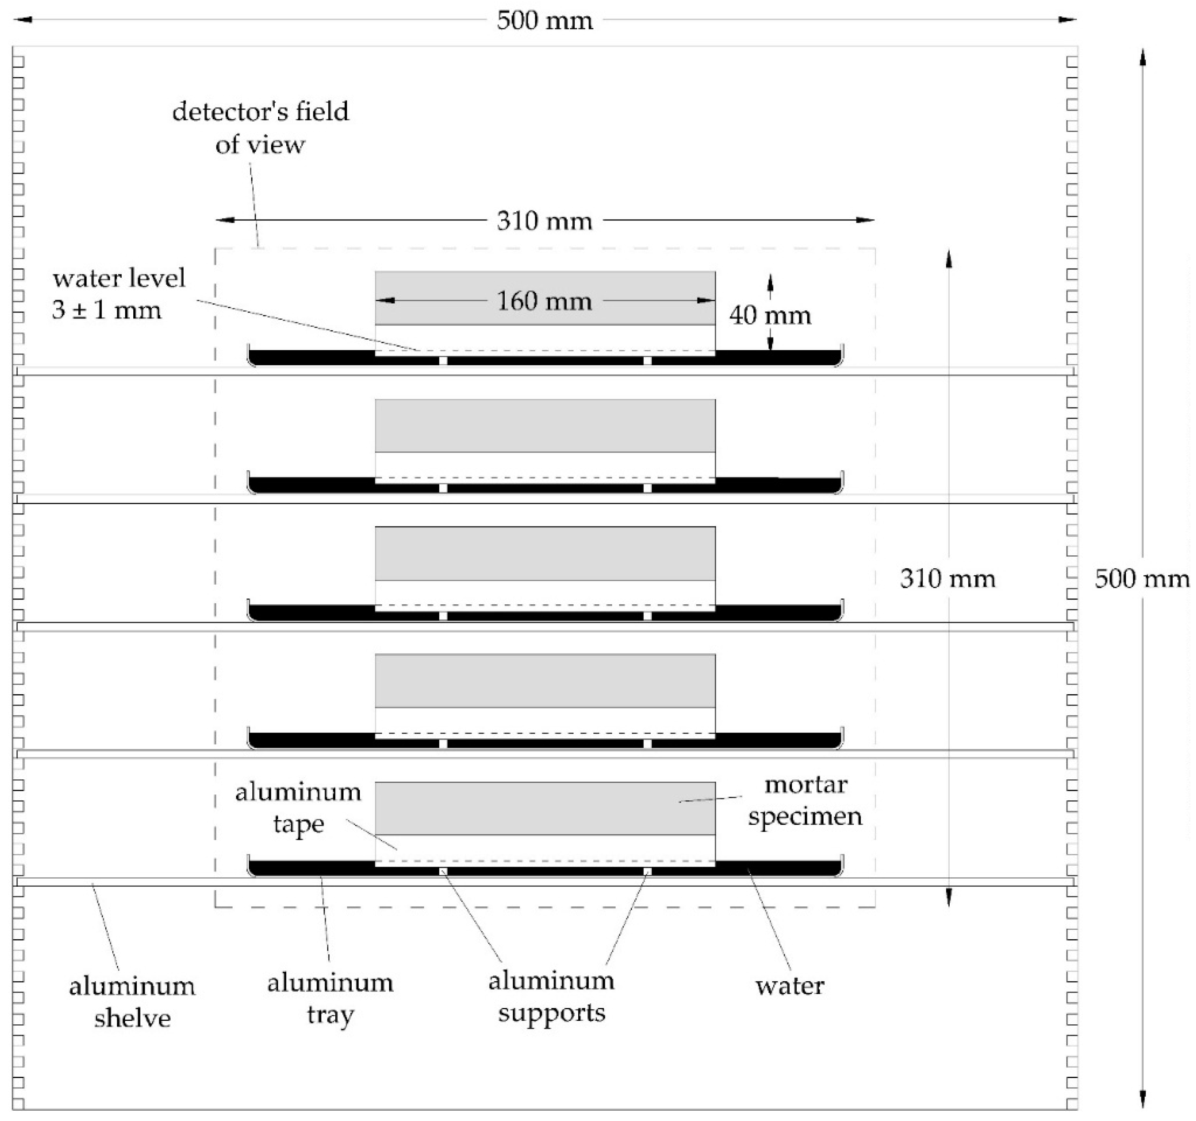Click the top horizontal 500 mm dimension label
(544, 21)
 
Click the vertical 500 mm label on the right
(1141, 579)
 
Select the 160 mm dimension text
(544, 301)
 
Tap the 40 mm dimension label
(770, 315)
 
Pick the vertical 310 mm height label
(948, 579)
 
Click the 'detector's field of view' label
(261, 128)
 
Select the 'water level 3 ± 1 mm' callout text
(119, 294)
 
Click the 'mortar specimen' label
(805, 800)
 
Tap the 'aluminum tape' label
(298, 808)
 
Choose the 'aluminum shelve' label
(132, 1002)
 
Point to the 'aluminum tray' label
(330, 999)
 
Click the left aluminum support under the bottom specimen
(443, 871)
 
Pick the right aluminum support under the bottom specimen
(647, 871)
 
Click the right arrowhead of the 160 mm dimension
(706, 301)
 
